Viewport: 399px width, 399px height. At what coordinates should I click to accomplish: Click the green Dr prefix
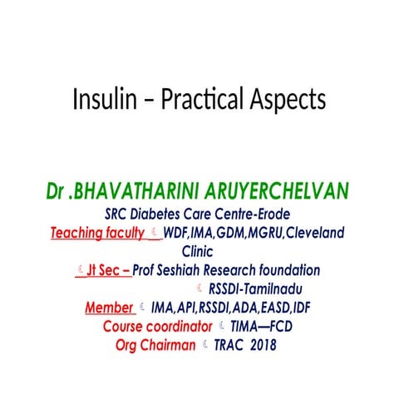(x=57, y=194)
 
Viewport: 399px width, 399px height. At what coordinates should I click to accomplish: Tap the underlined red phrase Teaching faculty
(x=97, y=234)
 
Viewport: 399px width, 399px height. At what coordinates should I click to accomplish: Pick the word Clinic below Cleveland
(x=198, y=251)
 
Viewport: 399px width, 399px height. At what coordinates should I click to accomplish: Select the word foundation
(x=288, y=270)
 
